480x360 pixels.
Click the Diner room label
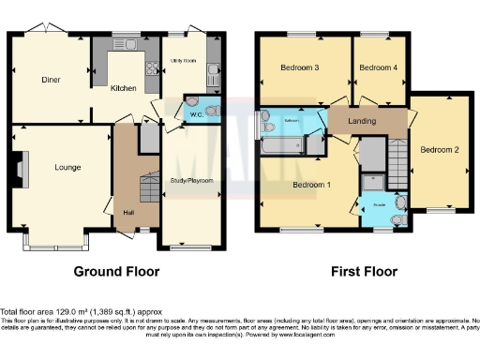(x=51, y=80)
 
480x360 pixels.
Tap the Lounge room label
(x=67, y=168)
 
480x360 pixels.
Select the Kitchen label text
(x=124, y=89)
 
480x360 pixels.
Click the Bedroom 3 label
(x=300, y=68)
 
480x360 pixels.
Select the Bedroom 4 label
(x=378, y=67)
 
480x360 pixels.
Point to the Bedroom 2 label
(x=439, y=150)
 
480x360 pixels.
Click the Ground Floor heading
(x=117, y=272)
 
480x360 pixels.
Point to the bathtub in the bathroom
(x=281, y=145)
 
